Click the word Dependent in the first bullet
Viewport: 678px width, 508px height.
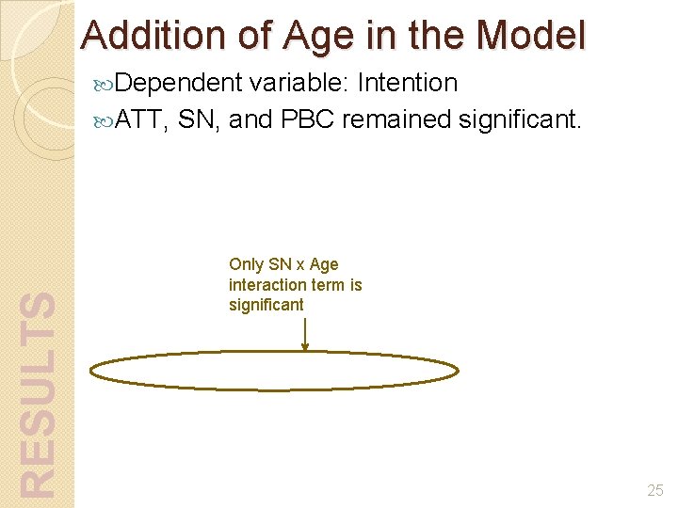click(180, 84)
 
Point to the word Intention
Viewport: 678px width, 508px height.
click(407, 83)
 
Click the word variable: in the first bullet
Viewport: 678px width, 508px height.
click(299, 83)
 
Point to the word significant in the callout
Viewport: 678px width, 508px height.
click(266, 304)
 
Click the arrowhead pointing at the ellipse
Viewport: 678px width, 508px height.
click(304, 346)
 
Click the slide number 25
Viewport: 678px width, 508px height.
click(655, 490)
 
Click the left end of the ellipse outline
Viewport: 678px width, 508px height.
click(91, 371)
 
